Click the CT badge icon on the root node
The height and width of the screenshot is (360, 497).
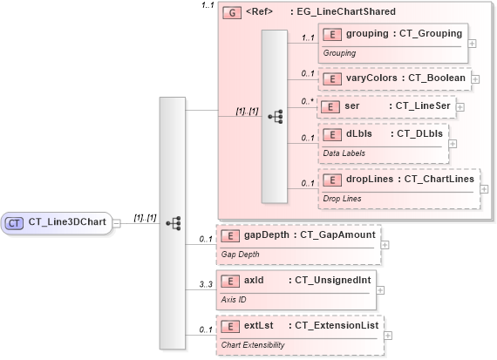pos(15,222)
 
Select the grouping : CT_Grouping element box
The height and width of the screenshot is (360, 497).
pos(392,35)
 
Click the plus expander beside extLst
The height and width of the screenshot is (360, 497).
pos(388,335)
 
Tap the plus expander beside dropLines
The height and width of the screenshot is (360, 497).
pos(484,188)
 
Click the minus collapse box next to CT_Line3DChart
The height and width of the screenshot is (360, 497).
pos(117,223)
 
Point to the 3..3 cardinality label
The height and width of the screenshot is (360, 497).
pos(206,284)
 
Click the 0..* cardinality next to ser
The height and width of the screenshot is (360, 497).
pos(307,101)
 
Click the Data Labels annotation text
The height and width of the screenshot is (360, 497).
pos(344,153)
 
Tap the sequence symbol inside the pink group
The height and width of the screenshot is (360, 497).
pos(275,115)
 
